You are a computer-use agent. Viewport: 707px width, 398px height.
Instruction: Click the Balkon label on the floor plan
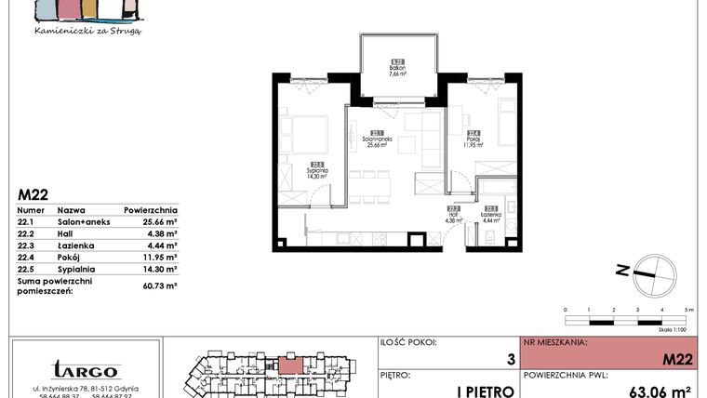click(397, 68)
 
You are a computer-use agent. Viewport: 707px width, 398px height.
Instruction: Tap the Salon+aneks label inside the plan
click(376, 141)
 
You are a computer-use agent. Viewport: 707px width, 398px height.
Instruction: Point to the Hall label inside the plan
click(454, 218)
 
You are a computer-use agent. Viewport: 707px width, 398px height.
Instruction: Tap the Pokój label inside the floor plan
click(474, 141)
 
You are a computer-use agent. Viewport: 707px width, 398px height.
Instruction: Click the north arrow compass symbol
click(649, 271)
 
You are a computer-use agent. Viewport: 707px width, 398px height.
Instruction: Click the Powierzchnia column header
click(150, 210)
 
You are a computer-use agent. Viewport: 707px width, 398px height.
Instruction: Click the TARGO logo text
click(85, 369)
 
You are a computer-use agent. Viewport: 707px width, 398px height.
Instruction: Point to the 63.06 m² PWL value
click(660, 391)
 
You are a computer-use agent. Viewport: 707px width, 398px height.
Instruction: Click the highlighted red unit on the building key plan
click(291, 365)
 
